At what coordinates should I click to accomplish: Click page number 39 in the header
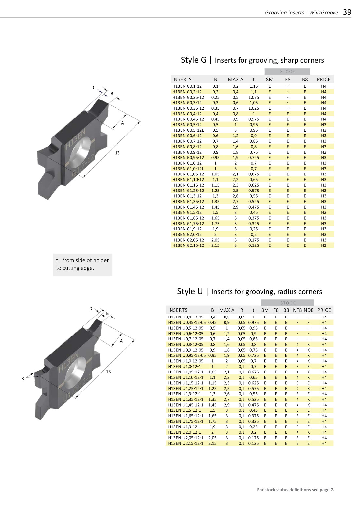point(347,12)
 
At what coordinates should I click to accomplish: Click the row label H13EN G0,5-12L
point(188,130)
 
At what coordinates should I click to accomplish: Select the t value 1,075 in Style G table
point(253,97)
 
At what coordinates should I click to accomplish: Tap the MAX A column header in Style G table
point(235,79)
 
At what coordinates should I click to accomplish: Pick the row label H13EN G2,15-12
point(188,245)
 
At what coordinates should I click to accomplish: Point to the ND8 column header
point(308,310)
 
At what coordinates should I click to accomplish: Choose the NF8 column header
point(297,310)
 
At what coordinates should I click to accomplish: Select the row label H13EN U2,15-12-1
point(185,443)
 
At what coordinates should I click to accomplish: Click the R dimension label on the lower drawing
point(23,379)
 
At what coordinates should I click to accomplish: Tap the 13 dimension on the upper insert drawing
point(117,153)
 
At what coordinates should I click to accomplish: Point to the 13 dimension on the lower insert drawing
point(108,372)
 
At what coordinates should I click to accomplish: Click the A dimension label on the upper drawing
point(123,123)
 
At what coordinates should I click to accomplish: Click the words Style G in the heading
point(193,60)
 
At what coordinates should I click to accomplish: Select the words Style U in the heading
point(190,291)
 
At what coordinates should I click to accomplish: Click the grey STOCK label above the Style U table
point(287,303)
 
